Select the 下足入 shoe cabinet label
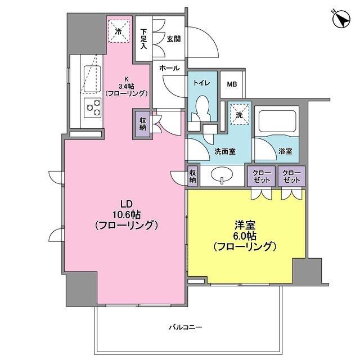(x=144, y=39)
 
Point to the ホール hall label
(x=169, y=68)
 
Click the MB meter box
(x=232, y=84)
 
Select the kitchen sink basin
(x=92, y=75)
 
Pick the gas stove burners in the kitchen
(x=92, y=106)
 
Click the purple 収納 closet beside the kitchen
(x=141, y=124)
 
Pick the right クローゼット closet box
(x=291, y=176)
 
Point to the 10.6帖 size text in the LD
(x=125, y=214)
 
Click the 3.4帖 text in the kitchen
(x=127, y=86)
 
